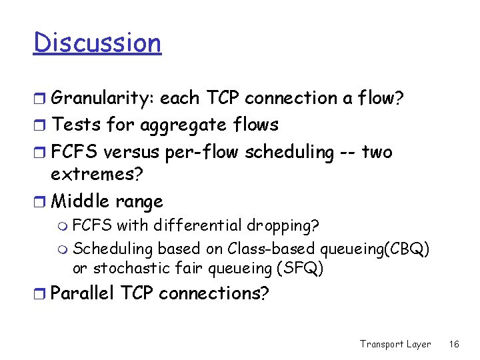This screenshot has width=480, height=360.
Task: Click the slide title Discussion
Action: coord(97,43)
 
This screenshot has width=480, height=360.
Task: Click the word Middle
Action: coord(81,201)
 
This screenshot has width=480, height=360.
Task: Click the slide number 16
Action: coord(454,344)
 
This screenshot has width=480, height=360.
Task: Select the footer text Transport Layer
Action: coord(395,344)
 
